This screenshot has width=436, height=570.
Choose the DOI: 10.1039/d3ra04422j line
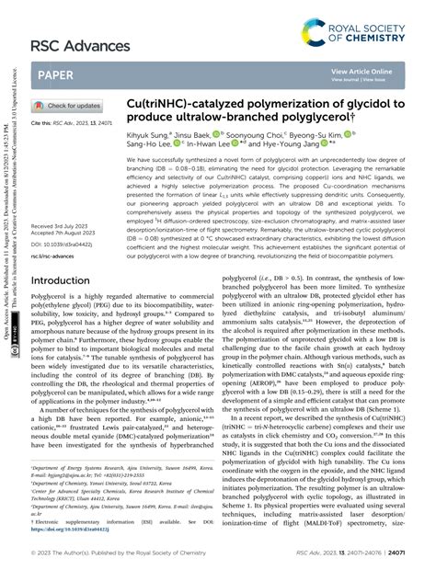(x=69, y=219)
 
